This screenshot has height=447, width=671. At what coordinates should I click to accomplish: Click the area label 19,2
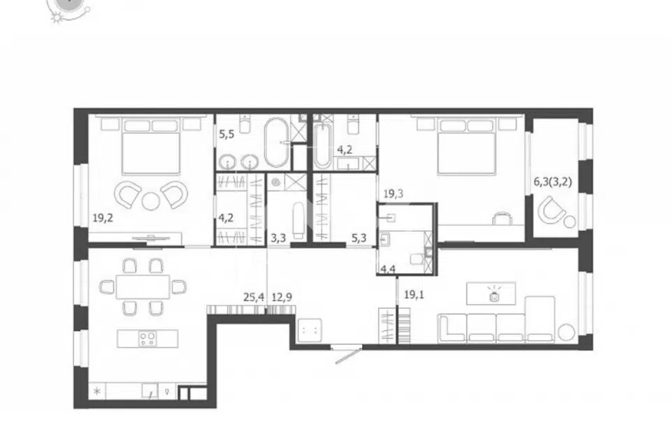(103, 218)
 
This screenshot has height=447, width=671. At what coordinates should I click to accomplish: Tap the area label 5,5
(226, 134)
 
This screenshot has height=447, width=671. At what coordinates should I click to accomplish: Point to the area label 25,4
(254, 297)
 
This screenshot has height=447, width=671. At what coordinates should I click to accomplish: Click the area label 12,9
(282, 297)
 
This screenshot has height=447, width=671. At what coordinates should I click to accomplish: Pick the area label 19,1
(414, 294)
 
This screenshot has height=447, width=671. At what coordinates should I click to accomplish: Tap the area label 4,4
(388, 270)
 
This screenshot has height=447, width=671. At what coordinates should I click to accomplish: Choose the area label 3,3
(278, 237)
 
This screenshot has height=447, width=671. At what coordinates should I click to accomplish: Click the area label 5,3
(359, 237)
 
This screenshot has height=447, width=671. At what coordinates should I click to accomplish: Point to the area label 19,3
(393, 193)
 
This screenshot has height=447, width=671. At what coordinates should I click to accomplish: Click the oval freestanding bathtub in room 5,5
(277, 142)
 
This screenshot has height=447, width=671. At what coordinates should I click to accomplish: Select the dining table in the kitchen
(143, 286)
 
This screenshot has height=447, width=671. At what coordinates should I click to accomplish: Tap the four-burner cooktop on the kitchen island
(147, 338)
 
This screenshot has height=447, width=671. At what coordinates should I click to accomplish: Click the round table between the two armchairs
(151, 201)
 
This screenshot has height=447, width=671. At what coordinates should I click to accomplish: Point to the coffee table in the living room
(491, 293)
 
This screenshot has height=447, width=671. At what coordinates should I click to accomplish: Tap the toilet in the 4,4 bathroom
(415, 259)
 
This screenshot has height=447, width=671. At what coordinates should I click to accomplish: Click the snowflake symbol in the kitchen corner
(97, 391)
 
